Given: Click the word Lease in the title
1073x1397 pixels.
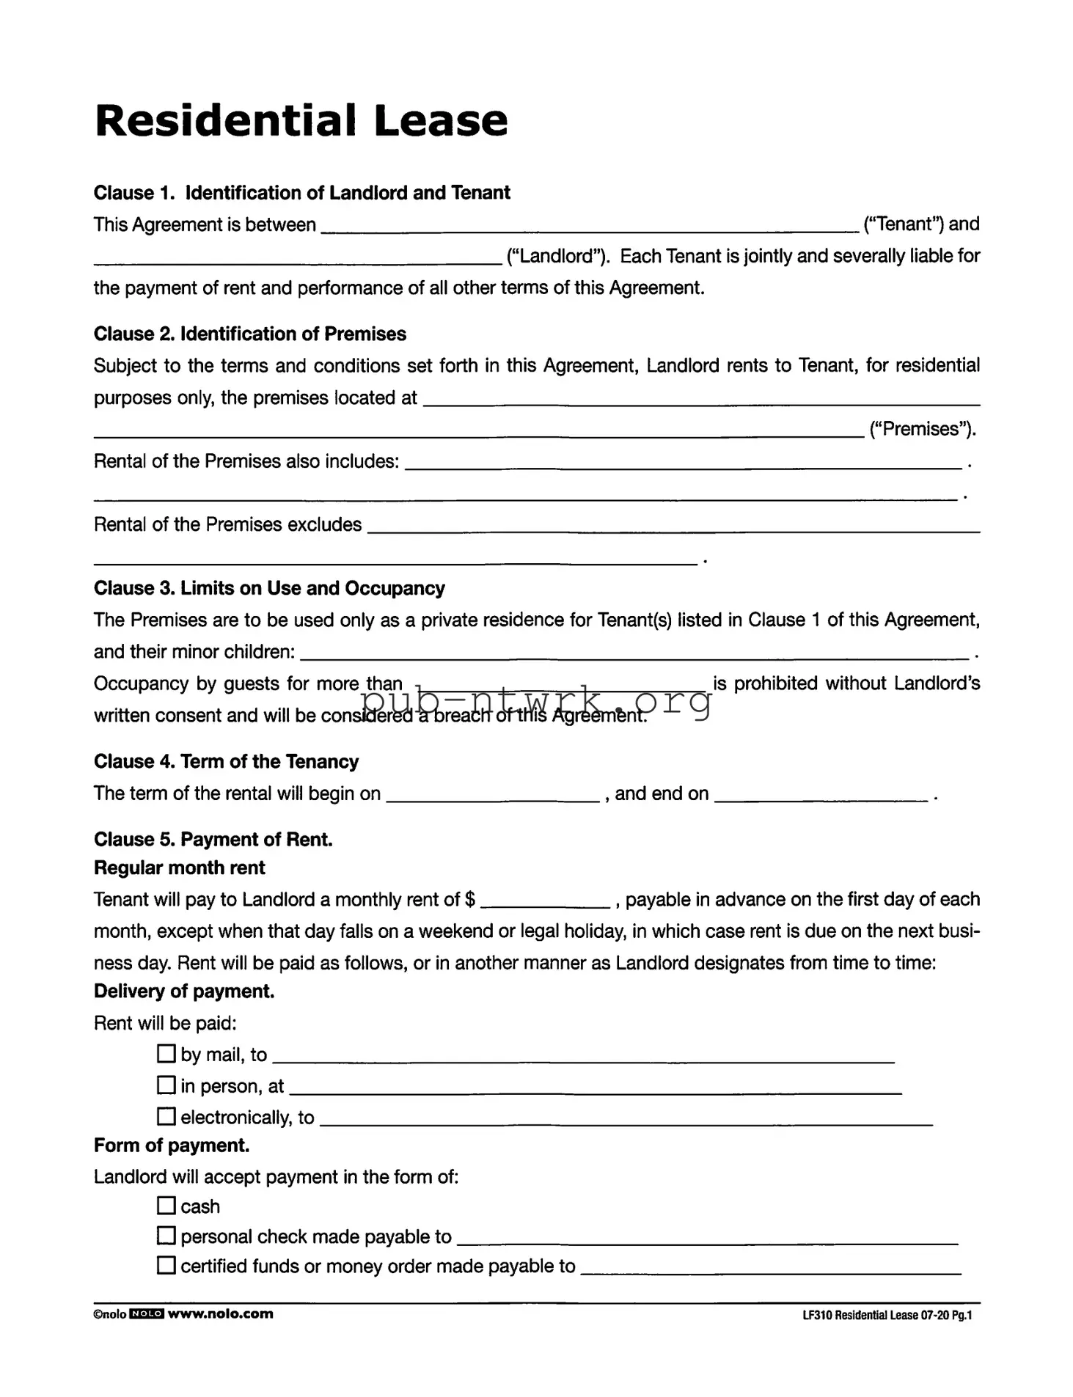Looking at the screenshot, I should tap(440, 121).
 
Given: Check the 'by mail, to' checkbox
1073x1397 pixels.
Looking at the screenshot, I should tap(166, 1054).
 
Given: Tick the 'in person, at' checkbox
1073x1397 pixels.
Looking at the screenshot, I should tap(166, 1085).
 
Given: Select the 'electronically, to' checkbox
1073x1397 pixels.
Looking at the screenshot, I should tap(166, 1116).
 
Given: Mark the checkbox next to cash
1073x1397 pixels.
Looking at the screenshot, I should tap(166, 1206).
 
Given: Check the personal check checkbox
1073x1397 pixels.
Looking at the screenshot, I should tap(166, 1236).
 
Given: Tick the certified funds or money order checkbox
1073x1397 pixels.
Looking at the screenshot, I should tap(166, 1265).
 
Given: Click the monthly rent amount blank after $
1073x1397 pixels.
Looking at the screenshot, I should tap(545, 901).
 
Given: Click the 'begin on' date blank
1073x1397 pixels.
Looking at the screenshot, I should tap(493, 795).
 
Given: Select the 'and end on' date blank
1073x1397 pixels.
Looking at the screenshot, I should tap(821, 795).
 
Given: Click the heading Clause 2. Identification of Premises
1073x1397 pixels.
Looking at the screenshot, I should tap(249, 334).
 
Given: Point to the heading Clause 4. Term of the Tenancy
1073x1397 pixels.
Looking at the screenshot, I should tap(226, 762).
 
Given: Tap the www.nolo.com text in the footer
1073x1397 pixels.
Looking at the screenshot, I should tap(221, 1313).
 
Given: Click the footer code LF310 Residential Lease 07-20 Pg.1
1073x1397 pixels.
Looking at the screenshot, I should tap(887, 1315).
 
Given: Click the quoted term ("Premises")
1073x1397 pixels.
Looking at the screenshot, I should tap(922, 429).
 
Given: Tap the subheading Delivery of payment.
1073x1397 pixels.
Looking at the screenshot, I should tap(184, 991).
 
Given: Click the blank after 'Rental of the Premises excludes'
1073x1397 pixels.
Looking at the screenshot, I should tap(673, 525).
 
